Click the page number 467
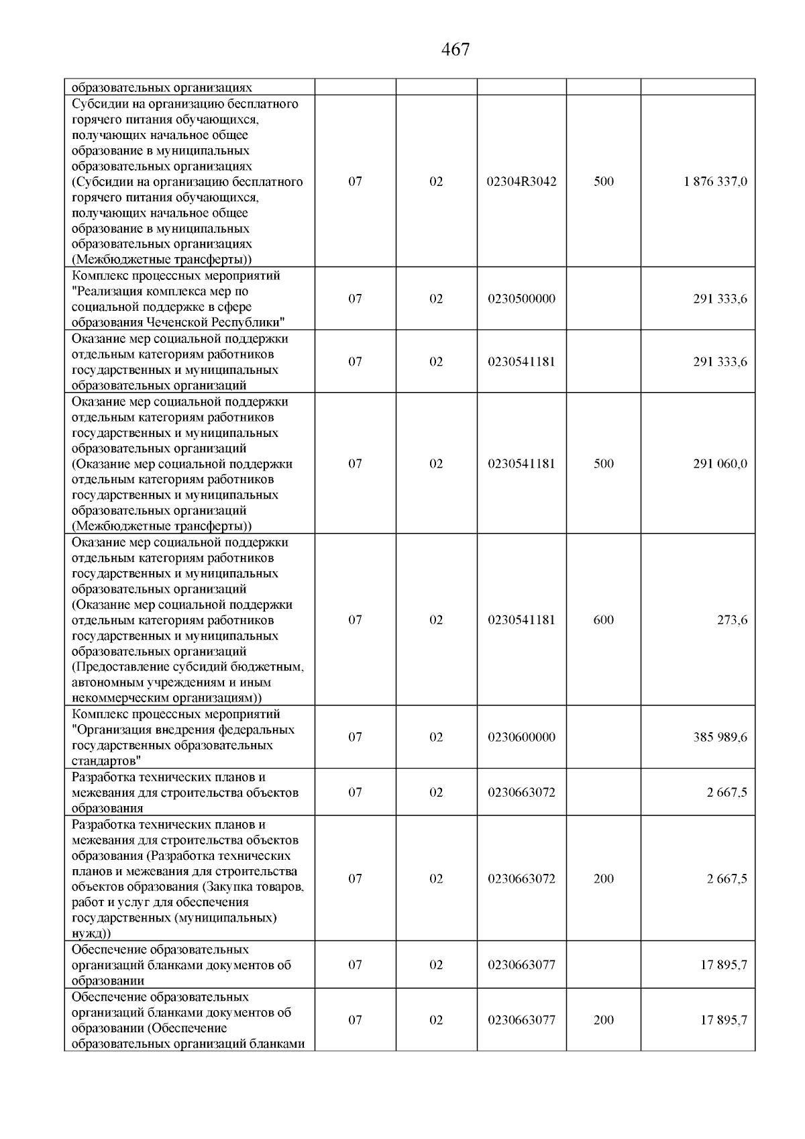(456, 50)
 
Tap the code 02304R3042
(522, 182)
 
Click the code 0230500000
(522, 299)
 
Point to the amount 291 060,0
(720, 464)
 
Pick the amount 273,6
(733, 620)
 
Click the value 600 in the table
(604, 620)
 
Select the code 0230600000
(522, 737)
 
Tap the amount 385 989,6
(720, 737)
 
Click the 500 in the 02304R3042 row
(604, 182)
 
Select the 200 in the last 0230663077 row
(604, 1020)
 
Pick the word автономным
(105, 683)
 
